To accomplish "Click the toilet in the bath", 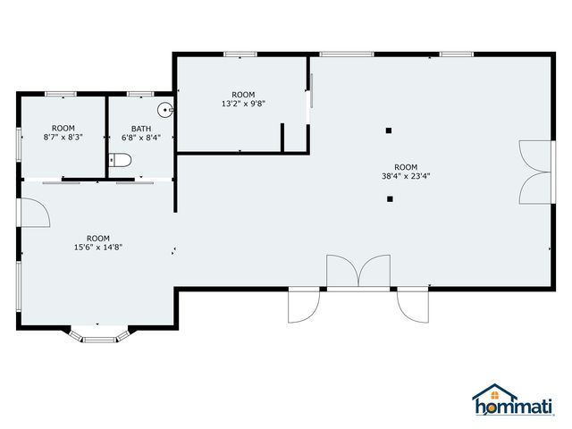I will pyautogui.click(x=121, y=161).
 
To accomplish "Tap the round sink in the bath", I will pyautogui.click(x=164, y=111).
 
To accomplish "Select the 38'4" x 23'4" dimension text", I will pyautogui.click(x=406, y=176).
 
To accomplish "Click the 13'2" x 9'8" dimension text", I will pyautogui.click(x=243, y=104).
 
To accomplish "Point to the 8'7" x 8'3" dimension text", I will pyautogui.click(x=63, y=138).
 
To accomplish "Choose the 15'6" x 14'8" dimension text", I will pyautogui.click(x=98, y=248).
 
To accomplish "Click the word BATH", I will pyautogui.click(x=141, y=129).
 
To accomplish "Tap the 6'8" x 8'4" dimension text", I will pyautogui.click(x=141, y=138).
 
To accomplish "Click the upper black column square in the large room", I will pyautogui.click(x=389, y=131).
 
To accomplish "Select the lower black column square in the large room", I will pyautogui.click(x=389, y=198).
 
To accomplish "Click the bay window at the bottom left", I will pyautogui.click(x=100, y=335).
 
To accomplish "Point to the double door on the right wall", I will pyautogui.click(x=534, y=172).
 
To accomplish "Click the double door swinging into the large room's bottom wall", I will pyautogui.click(x=357, y=273).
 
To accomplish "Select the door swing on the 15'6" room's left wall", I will pyautogui.click(x=34, y=215).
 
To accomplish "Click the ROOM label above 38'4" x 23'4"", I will pyautogui.click(x=406, y=167).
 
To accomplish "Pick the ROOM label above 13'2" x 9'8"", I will pyautogui.click(x=243, y=95).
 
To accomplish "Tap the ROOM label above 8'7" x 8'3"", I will pyautogui.click(x=63, y=129).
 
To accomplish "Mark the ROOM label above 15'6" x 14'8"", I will pyautogui.click(x=98, y=238).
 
